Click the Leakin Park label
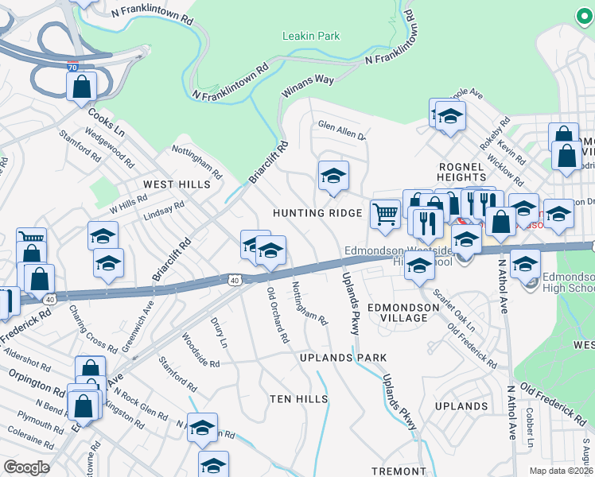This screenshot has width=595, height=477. [311, 36]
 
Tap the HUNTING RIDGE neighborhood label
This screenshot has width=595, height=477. [317, 213]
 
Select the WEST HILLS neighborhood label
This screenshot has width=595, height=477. [177, 184]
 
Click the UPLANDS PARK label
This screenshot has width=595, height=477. [343, 359]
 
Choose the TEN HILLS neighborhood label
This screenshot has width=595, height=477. [299, 398]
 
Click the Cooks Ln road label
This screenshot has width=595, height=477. [107, 121]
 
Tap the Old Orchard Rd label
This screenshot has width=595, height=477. [278, 315]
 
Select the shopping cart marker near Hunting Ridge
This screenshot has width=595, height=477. [386, 213]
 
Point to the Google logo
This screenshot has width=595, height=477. [26, 467]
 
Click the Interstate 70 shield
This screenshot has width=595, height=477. [73, 69]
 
